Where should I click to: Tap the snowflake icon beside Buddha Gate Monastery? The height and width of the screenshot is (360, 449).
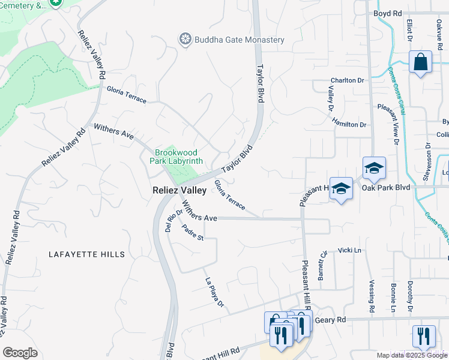[185, 40]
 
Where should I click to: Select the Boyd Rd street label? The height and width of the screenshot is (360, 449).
[387, 13]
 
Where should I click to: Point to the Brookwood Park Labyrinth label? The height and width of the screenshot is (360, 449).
[179, 157]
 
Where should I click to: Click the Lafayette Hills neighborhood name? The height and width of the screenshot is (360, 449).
[86, 254]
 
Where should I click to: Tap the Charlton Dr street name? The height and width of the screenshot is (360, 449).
[348, 80]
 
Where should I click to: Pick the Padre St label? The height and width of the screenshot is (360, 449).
[193, 233]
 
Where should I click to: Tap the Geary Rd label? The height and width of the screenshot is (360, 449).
[333, 320]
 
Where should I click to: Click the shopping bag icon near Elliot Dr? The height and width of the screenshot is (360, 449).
[420, 61]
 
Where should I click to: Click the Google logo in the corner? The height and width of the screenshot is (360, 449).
[20, 353]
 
